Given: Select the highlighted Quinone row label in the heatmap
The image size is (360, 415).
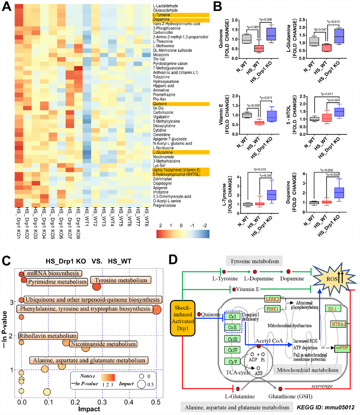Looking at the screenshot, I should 160,104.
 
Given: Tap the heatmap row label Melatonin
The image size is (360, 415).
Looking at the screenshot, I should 161,55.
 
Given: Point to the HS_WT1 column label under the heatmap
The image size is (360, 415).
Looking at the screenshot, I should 86,221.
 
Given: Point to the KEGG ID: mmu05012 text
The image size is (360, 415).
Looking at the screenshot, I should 331,407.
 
